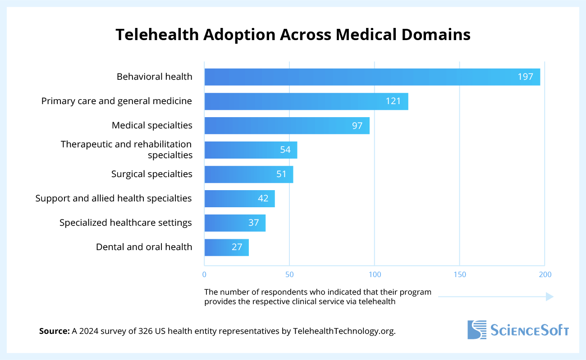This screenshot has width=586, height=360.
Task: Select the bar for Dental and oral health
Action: point(226,247)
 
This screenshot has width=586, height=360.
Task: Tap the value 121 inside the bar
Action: point(393,101)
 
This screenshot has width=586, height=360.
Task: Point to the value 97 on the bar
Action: point(357,126)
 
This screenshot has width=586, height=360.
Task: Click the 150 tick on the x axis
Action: point(459,274)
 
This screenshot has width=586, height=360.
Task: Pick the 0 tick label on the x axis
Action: point(205,274)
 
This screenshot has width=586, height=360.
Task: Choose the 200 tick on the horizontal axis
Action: point(545,274)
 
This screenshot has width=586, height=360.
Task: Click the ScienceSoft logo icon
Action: point(477,329)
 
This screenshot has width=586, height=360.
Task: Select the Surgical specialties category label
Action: point(152,174)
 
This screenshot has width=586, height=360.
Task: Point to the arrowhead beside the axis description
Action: point(549,296)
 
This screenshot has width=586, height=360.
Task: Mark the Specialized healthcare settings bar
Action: point(235,223)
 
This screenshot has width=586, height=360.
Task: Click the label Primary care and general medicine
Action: point(117,101)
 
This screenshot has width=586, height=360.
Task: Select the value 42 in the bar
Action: point(263,199)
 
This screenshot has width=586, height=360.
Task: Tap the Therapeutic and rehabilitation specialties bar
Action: point(251,150)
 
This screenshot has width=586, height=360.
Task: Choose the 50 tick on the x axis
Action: point(289,274)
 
